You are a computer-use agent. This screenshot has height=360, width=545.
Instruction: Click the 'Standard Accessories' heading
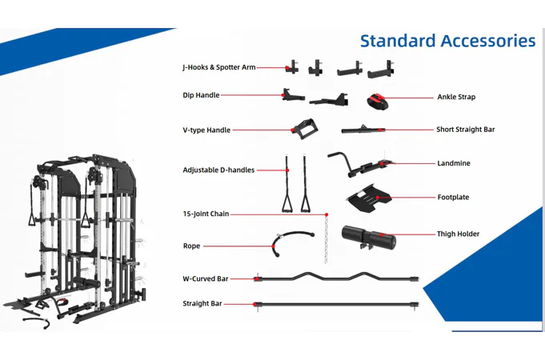click(x=447, y=41)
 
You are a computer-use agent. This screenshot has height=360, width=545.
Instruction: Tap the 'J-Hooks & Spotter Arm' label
click(x=218, y=68)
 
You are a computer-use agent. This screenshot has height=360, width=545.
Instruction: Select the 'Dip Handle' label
click(x=201, y=95)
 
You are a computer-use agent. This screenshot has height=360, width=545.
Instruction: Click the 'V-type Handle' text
click(x=206, y=130)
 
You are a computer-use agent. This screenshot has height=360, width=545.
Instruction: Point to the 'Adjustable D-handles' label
click(x=218, y=170)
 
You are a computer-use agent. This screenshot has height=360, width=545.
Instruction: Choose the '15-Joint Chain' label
click(x=206, y=214)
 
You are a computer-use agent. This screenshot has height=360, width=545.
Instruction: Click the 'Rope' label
click(x=191, y=246)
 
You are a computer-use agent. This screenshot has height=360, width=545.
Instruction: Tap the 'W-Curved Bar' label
click(x=206, y=278)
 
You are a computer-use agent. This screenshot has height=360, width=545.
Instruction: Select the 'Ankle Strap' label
click(x=456, y=97)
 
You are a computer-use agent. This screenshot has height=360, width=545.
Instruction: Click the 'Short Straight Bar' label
click(x=465, y=130)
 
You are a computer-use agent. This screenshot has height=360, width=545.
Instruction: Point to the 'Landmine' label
click(x=454, y=163)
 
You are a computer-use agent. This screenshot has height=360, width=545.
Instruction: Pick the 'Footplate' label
click(x=453, y=197)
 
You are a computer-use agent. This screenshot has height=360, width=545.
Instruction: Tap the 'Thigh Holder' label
click(x=458, y=234)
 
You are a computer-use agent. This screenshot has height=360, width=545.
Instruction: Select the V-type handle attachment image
click(x=304, y=128)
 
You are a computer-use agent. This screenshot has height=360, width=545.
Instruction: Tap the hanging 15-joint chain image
click(x=327, y=238)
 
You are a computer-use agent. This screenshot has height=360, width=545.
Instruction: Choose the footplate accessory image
click(x=371, y=198)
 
